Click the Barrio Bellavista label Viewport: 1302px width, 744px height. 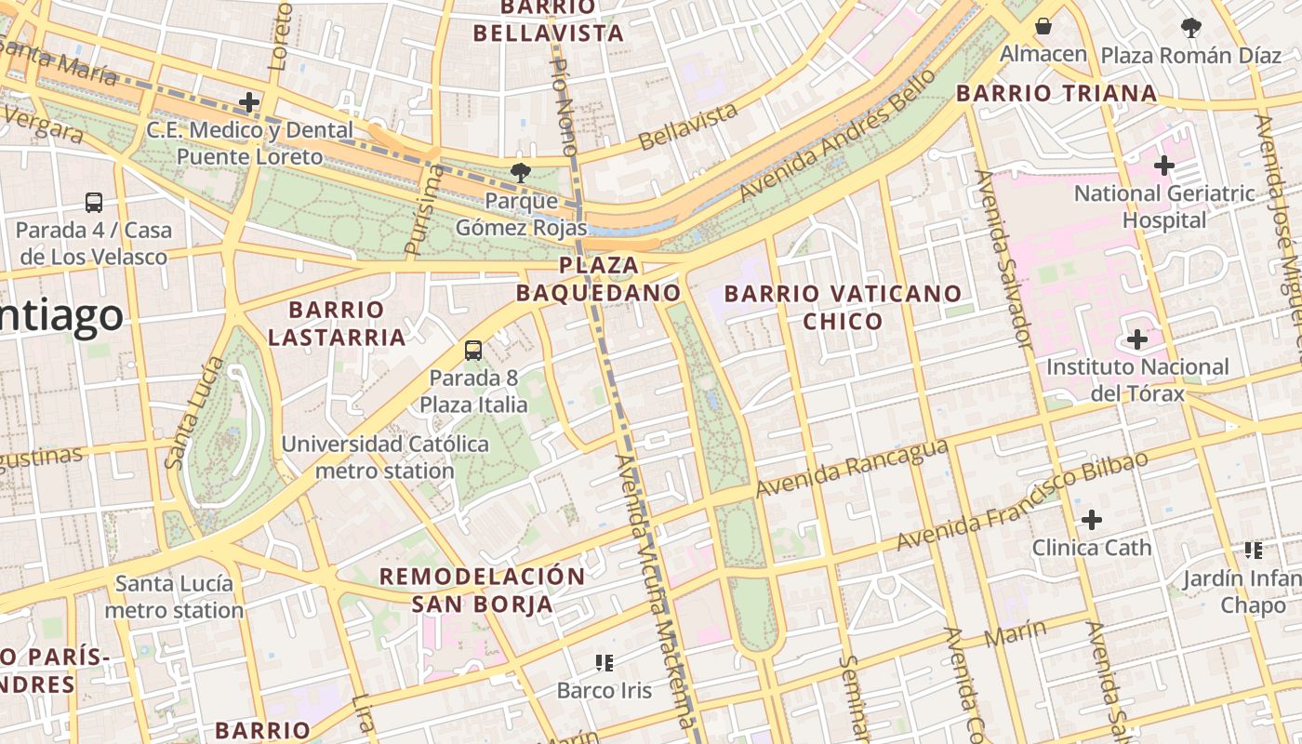click(548, 20)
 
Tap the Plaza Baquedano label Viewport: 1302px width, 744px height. click(599, 279)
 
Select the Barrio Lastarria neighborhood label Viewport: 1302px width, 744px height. click(337, 323)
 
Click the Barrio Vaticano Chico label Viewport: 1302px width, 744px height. click(843, 307)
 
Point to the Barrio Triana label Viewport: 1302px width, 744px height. click(1056, 93)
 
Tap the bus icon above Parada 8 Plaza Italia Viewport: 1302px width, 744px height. click(473, 351)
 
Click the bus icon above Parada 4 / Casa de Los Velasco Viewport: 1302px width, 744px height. click(94, 202)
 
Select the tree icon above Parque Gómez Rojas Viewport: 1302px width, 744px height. click(521, 172)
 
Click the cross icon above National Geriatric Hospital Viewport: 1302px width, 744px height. click(1163, 166)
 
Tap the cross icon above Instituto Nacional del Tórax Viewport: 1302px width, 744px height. click(1136, 339)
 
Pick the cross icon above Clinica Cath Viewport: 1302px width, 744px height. click(1092, 519)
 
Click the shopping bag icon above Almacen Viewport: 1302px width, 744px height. click(1043, 26)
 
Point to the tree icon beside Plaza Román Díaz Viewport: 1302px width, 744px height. click(1191, 28)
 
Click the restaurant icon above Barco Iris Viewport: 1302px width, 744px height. click(604, 662)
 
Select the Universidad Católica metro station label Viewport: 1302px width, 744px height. click(385, 457)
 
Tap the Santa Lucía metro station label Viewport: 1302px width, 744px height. click(174, 597)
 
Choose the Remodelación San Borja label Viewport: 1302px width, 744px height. click(483, 590)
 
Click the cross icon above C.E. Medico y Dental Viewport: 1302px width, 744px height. click(249, 102)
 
